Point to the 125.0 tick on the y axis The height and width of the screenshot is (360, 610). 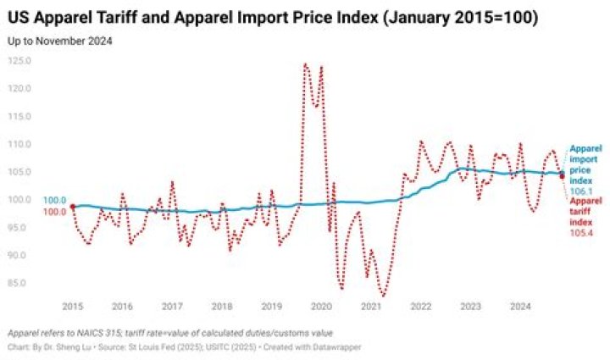click(19, 61)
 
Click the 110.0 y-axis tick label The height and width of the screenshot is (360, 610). click(19, 144)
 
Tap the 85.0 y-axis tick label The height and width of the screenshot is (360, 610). click(20, 282)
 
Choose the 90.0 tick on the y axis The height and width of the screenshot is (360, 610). click(20, 255)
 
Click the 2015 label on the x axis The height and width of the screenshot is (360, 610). click(73, 306)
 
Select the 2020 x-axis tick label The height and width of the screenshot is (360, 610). click(321, 306)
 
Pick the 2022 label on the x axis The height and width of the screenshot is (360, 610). click(420, 306)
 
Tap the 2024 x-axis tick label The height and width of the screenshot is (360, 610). click(520, 306)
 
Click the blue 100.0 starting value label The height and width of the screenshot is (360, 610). click(54, 201)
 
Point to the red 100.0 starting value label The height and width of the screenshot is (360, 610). click(54, 212)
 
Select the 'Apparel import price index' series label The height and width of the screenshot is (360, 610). click(585, 164)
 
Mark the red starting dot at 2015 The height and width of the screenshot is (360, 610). click(73, 206)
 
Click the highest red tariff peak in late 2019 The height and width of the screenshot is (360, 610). click(305, 64)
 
